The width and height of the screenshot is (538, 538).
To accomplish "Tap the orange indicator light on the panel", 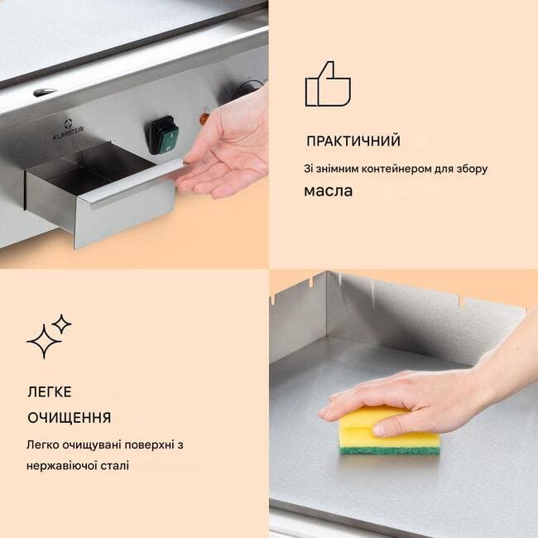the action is (x=204, y=118).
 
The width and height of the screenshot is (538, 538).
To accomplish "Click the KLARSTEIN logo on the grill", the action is (x=69, y=130).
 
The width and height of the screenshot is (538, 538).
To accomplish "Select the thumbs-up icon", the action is (x=328, y=84).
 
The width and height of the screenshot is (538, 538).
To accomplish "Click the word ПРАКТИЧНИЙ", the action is (x=353, y=141).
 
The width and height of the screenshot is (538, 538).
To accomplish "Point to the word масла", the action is (x=329, y=191).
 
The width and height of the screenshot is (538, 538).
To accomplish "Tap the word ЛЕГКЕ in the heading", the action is (x=50, y=391).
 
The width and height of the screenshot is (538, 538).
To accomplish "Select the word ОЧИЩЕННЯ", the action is (x=70, y=418).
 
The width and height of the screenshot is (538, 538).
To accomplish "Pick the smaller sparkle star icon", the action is (x=61, y=324).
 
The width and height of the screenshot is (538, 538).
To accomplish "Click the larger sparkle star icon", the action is (x=44, y=342).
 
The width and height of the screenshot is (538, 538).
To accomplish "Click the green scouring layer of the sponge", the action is (x=390, y=449).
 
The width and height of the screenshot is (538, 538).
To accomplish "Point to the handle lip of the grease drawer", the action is (x=134, y=185).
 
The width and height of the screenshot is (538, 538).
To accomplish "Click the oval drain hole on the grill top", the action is (x=45, y=92).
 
